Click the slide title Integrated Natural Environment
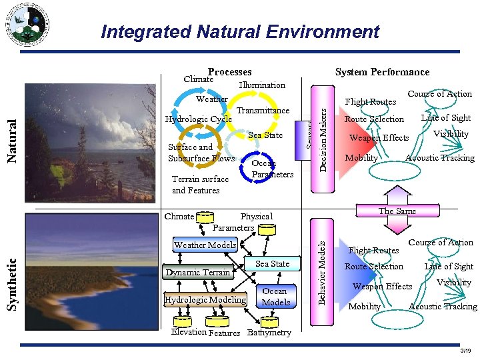pyautogui.click(x=240, y=31)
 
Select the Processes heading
pyautogui.click(x=229, y=71)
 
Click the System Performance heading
pyautogui.click(x=382, y=71)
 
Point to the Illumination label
pyautogui.click(x=262, y=85)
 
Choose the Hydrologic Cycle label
pyautogui.click(x=198, y=119)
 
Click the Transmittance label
pyautogui.click(x=263, y=110)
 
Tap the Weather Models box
pyautogui.click(x=205, y=245)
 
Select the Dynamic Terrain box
pyautogui.click(x=197, y=272)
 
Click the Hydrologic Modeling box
pyautogui.click(x=205, y=300)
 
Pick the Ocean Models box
pyautogui.click(x=275, y=297)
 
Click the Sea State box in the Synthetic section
pyautogui.click(x=273, y=264)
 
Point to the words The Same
pyautogui.click(x=397, y=211)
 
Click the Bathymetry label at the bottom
pyautogui.click(x=269, y=333)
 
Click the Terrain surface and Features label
pyautogui.click(x=200, y=185)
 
